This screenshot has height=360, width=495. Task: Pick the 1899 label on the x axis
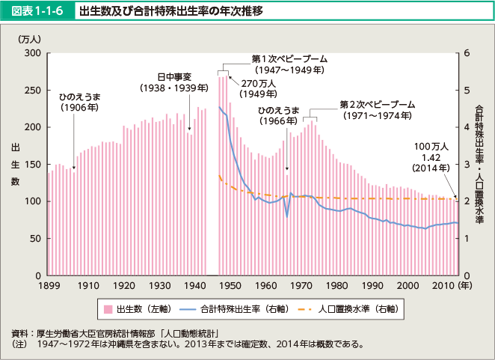tap(49, 286)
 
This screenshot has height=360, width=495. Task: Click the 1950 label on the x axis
tap(229, 286)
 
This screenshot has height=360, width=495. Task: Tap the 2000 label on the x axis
tap(408, 286)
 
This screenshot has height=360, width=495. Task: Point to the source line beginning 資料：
tap(120, 333)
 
